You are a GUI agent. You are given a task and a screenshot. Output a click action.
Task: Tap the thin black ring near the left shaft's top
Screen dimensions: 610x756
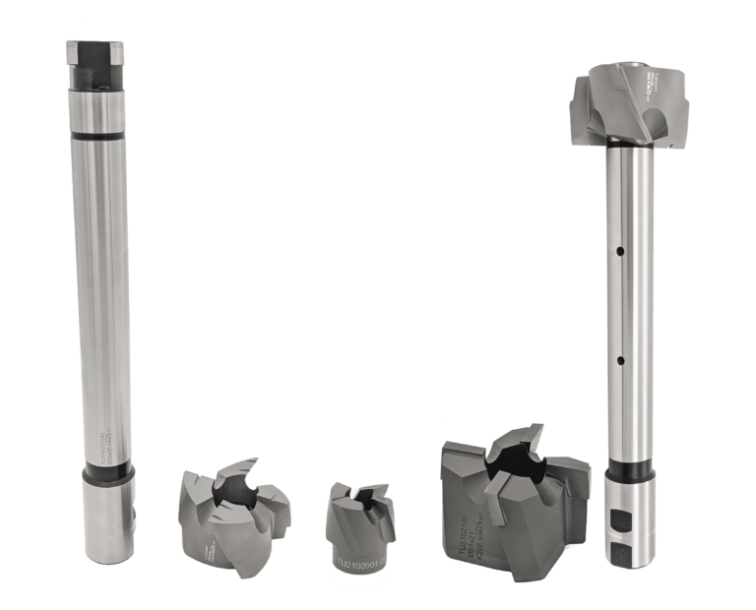[x=100, y=137]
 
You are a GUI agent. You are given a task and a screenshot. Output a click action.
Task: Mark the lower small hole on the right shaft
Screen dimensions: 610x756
[x=621, y=361]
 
